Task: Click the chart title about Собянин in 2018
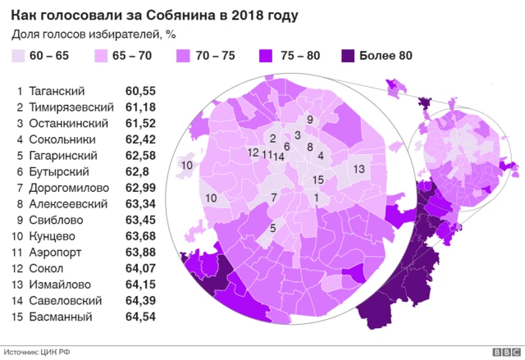coord(155,16)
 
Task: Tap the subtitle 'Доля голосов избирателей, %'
coord(95,35)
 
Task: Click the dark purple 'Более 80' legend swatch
coord(349,57)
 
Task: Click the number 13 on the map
coord(358,168)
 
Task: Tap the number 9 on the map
coord(309,120)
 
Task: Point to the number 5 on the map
coord(272,228)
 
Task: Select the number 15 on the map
coord(318,180)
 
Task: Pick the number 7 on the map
coord(273,198)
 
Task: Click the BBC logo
coord(500,352)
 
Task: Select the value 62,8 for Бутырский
coord(137,171)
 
